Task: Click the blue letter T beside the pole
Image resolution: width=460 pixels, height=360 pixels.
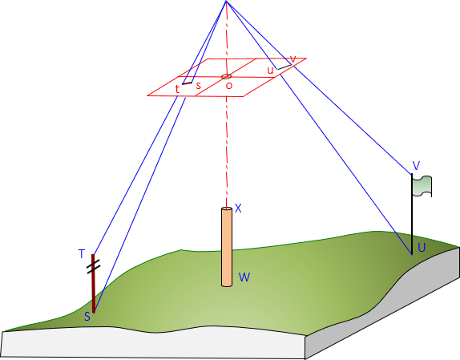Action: [82, 254]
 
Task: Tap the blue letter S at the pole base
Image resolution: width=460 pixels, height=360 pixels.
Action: [87, 317]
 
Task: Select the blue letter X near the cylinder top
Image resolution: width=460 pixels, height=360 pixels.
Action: [238, 208]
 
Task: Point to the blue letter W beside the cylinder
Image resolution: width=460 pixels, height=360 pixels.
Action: [244, 277]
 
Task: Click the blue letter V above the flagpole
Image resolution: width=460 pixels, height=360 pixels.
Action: [416, 166]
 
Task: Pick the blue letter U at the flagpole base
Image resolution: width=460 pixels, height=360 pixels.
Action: [422, 248]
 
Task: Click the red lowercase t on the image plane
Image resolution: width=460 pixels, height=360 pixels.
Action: [177, 89]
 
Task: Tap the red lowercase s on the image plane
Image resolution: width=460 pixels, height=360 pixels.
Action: [199, 86]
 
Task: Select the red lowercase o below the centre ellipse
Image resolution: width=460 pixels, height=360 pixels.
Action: [229, 86]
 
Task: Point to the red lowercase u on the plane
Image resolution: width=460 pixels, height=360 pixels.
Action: [270, 71]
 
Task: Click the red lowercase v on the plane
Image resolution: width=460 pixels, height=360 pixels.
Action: [293, 59]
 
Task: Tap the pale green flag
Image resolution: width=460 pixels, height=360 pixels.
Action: [422, 186]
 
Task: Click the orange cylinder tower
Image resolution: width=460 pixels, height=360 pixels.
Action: [227, 247]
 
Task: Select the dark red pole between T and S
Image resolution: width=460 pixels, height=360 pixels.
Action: [93, 283]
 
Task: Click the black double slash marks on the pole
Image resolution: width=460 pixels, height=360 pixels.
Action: [94, 266]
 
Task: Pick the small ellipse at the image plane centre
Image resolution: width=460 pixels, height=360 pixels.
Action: [227, 77]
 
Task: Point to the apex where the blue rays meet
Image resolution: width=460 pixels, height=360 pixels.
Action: [226, 1]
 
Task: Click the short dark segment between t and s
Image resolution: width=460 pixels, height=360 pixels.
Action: [187, 83]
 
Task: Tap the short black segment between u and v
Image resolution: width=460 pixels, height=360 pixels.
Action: [284, 67]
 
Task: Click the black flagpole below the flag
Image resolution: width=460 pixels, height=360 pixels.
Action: [412, 214]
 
